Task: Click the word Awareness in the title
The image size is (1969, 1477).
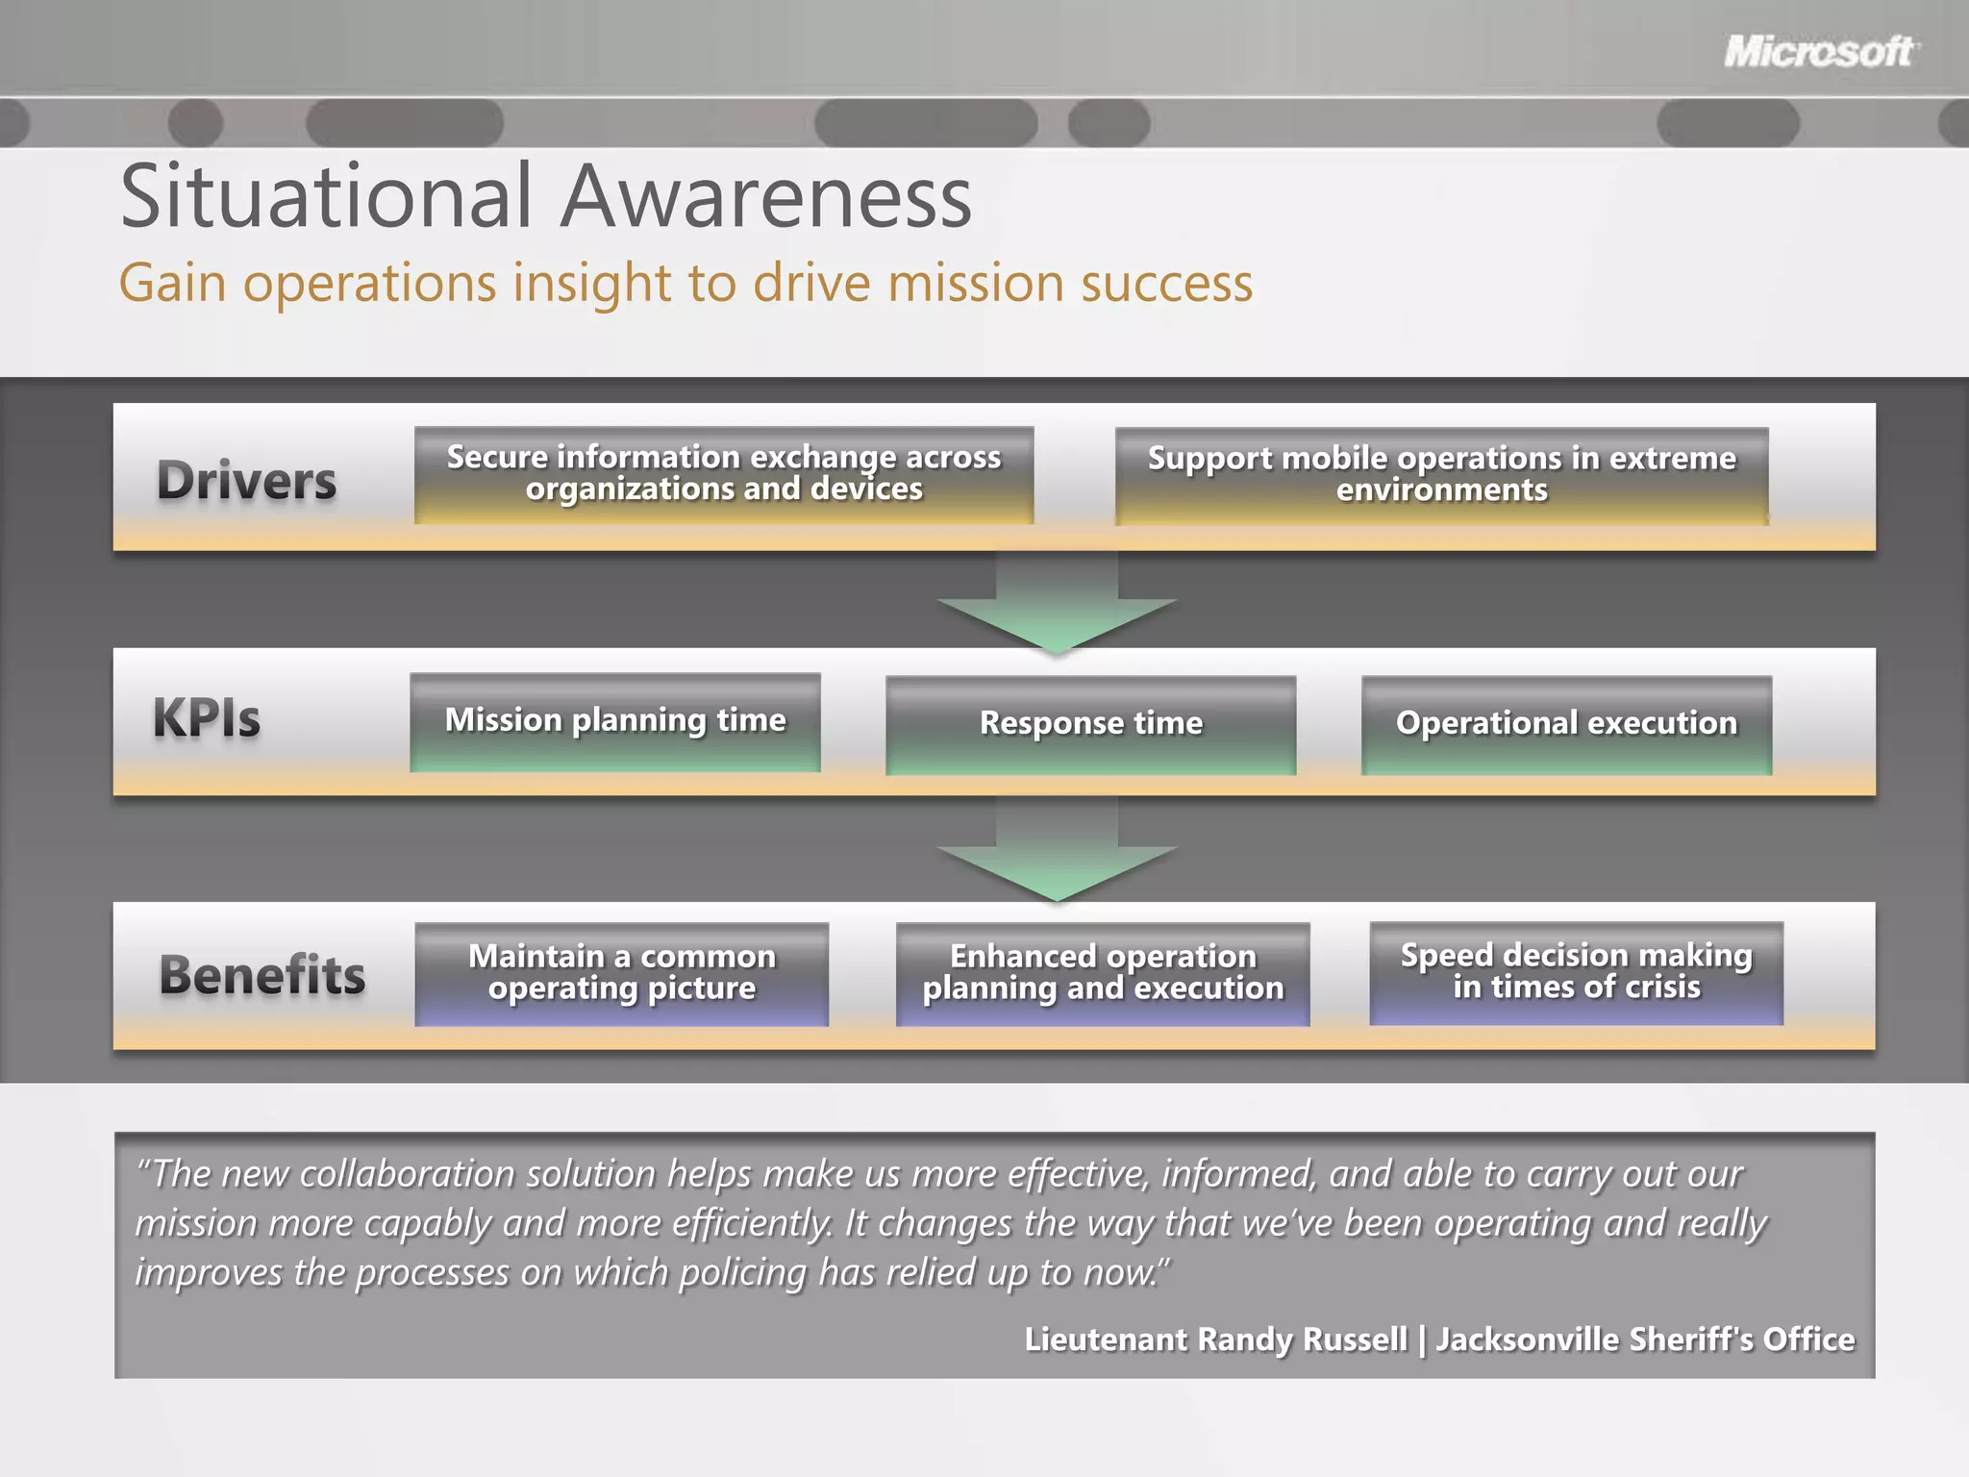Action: point(766,197)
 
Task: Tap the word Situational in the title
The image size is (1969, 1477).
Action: point(326,197)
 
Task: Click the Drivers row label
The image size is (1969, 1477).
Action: point(247,480)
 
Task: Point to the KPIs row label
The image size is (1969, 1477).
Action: point(207,718)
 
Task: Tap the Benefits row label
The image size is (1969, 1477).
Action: point(262,974)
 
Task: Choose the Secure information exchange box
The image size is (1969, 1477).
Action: point(724,475)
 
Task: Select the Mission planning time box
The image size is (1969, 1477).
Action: point(615,721)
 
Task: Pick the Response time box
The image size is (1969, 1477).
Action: point(1090,724)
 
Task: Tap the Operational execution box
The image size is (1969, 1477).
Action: point(1566,724)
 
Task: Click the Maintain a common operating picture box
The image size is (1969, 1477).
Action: point(622,973)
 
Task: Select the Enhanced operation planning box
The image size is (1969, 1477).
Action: point(1103,973)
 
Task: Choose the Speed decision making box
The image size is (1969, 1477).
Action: point(1576,972)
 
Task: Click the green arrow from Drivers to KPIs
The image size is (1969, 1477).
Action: point(1057,606)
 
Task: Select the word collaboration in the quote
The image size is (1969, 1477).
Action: point(437,1174)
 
